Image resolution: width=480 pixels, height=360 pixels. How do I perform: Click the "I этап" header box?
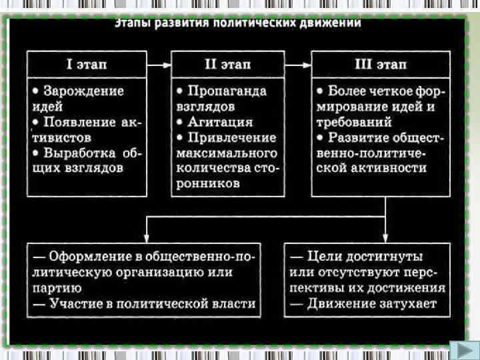[86, 65]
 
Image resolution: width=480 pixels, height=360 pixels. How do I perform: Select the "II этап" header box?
[227, 65]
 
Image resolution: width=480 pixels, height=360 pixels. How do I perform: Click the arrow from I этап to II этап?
[158, 65]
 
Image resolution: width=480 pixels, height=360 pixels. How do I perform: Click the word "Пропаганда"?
[227, 91]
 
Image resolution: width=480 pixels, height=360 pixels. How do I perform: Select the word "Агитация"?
[221, 122]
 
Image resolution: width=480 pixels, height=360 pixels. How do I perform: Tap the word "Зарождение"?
[83, 91]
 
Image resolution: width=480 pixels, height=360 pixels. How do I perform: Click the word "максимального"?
[226, 153]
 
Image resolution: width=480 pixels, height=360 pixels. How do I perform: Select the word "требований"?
[354, 122]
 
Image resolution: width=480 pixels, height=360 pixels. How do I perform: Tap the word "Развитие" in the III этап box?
[357, 137]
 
